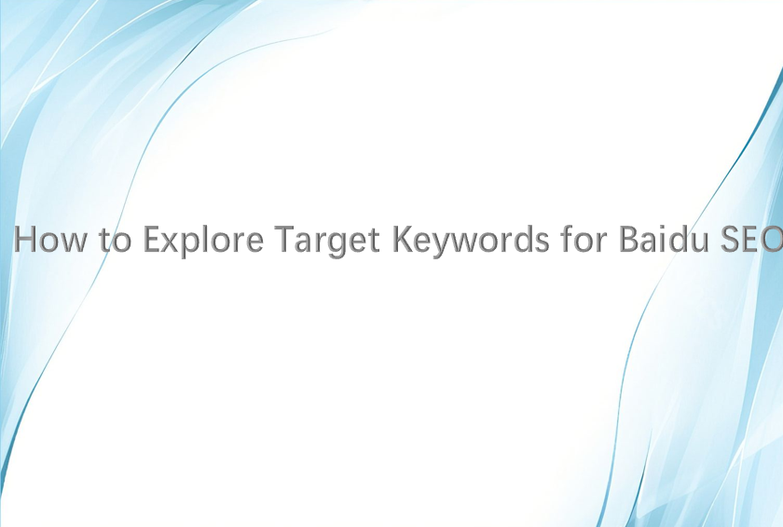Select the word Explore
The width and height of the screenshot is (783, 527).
pos(203,241)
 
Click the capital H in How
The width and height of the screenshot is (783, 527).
pos(24,239)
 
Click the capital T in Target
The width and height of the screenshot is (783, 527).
pos(284,239)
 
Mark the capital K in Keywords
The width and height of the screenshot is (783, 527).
pos(403,239)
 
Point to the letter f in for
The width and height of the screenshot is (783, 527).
pos(567,238)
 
